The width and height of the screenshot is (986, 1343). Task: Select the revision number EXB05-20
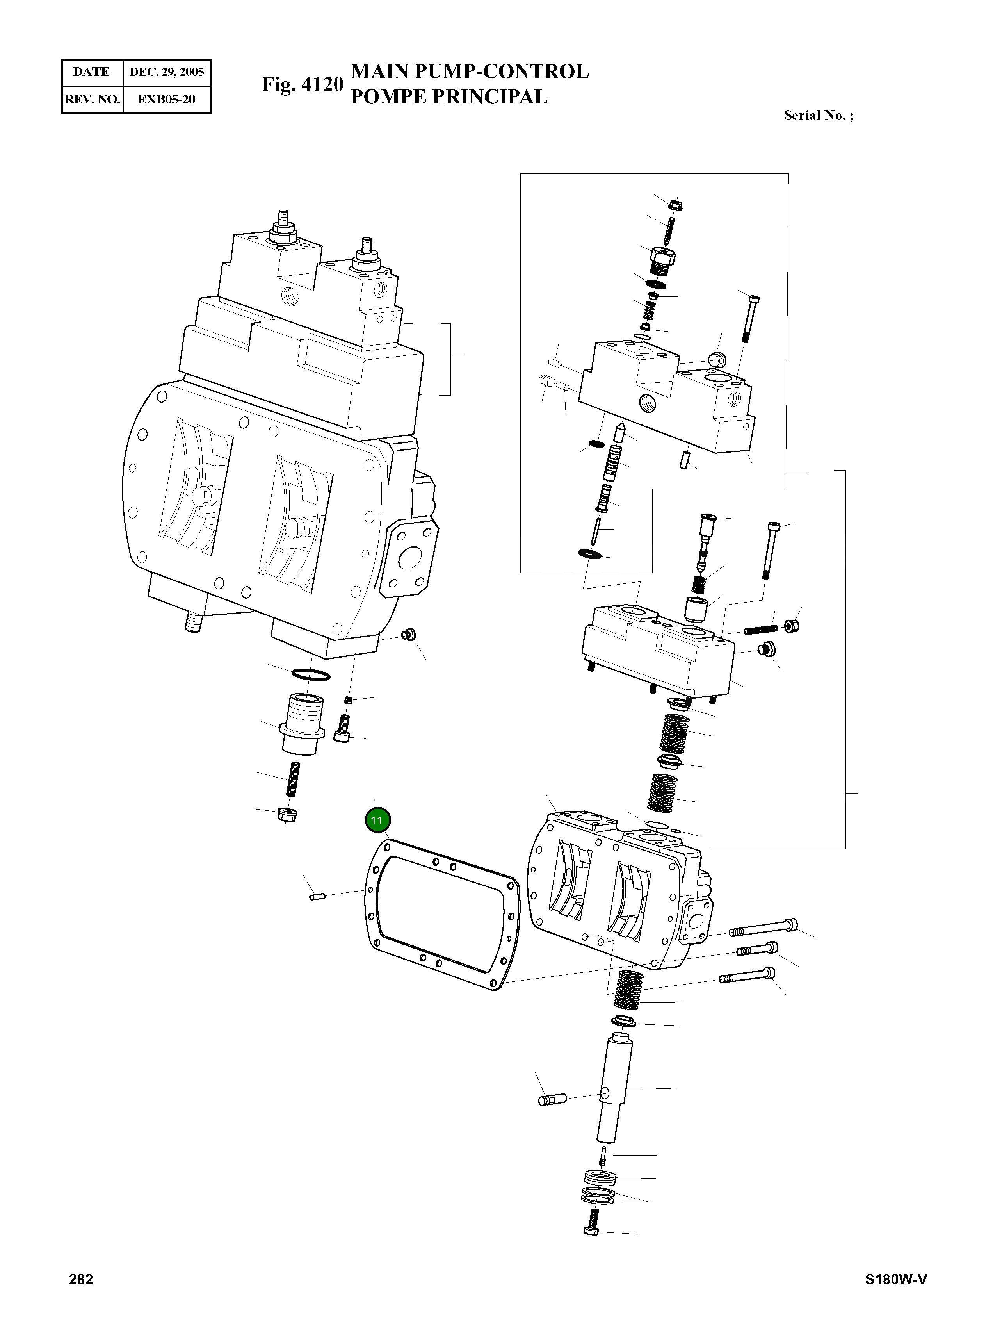(167, 99)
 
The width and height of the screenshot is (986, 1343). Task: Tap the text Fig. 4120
(303, 84)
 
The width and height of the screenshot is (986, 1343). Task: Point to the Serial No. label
(818, 115)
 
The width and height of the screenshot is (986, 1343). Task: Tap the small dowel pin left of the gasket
(316, 896)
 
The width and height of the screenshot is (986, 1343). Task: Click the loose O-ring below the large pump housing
(310, 675)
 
